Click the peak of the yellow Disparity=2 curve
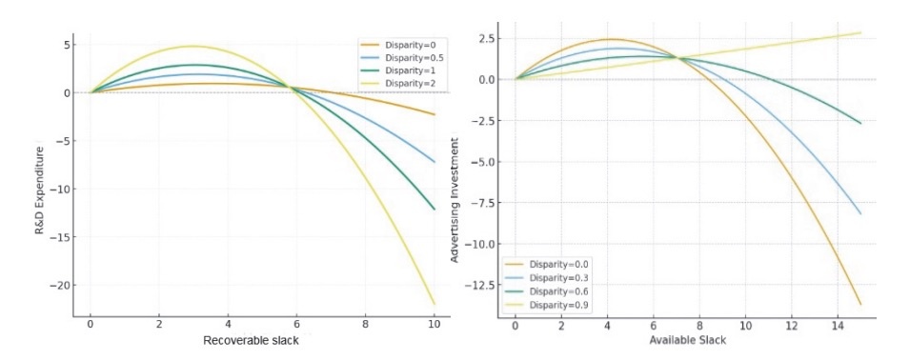[x=193, y=46]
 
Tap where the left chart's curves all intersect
[x=292, y=88]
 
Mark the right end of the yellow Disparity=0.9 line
[x=860, y=32]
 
